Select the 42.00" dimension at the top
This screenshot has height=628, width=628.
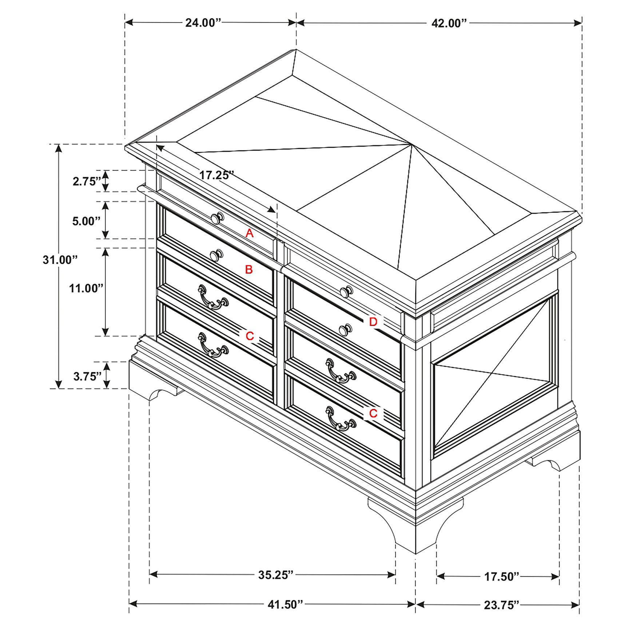pos(449,23)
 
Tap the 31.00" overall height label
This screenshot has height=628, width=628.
pos(60,260)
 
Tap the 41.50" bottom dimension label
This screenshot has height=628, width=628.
pos(285,604)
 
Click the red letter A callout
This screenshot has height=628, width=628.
pos(249,233)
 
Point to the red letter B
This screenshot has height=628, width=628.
pos(249,270)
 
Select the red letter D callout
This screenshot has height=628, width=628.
pos(373,322)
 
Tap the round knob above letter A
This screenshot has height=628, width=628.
pos(217,218)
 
